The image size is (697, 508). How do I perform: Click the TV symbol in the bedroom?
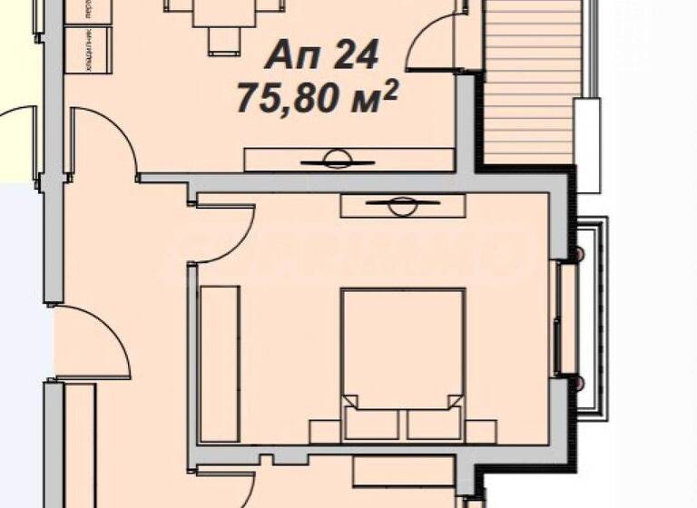[x=399, y=206]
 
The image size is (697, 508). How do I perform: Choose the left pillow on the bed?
[x=371, y=421]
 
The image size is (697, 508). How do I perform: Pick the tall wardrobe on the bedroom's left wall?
[x=221, y=363]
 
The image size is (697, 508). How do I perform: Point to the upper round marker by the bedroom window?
[x=574, y=253]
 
